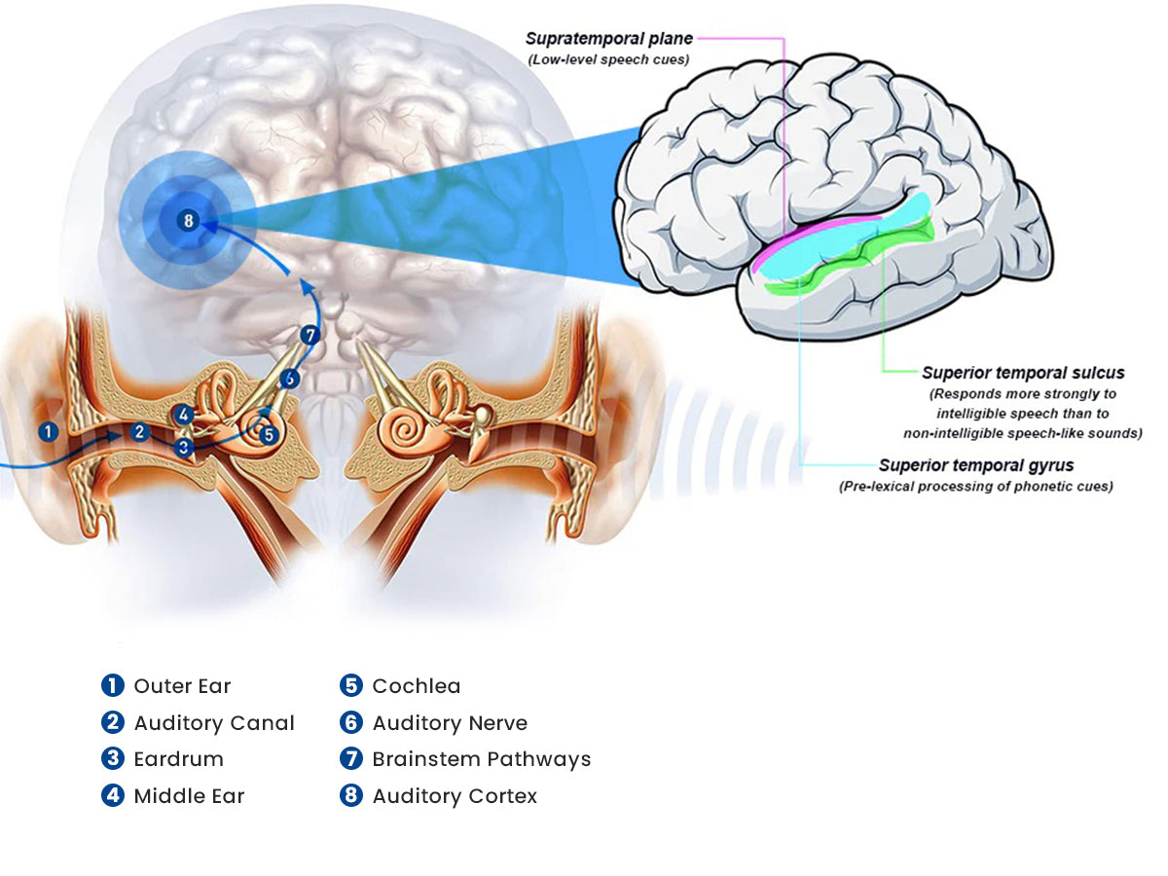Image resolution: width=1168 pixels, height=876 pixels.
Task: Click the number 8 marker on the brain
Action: [189, 221]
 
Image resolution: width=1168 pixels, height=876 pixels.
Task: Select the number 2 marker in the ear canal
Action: [140, 431]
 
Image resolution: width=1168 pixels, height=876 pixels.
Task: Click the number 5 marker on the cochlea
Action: [270, 435]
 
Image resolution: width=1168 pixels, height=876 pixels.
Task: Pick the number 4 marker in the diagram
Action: [184, 414]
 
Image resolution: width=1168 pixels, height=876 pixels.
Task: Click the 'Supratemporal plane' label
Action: [608, 39]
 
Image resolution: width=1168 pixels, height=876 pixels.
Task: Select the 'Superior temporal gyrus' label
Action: [975, 466]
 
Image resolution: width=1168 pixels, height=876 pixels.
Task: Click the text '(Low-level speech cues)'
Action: [608, 59]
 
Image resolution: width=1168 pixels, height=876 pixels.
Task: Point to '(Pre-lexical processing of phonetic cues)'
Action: [975, 486]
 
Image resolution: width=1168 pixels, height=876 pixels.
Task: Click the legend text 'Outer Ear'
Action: [182, 686]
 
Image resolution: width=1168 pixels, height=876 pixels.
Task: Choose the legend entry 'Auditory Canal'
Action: [213, 723]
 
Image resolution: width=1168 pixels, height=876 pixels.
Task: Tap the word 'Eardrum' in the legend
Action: [178, 759]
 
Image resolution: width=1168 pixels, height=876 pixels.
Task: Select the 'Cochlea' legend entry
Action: [416, 686]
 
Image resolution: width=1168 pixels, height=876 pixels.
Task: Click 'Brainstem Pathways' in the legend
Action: [481, 759]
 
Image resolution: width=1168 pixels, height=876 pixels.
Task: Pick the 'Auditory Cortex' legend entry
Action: [454, 796]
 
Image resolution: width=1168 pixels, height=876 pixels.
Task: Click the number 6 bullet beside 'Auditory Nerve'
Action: [350, 723]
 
